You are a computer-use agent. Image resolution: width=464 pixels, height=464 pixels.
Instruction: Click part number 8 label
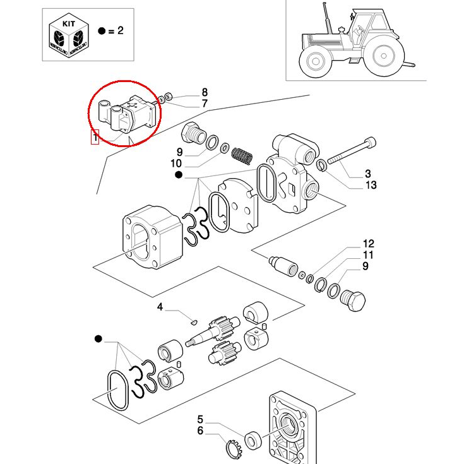(x=204, y=92)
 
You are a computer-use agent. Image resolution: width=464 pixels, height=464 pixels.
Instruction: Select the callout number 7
(x=205, y=104)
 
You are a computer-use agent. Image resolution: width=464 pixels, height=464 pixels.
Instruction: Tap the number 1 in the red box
(x=95, y=137)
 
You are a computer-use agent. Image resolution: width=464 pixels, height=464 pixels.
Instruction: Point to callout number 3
(x=367, y=174)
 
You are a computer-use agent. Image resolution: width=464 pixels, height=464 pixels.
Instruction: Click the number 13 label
(x=371, y=185)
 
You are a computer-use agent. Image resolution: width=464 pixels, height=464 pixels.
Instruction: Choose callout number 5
(x=200, y=419)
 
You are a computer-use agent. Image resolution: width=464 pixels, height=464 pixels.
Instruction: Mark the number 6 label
(x=200, y=431)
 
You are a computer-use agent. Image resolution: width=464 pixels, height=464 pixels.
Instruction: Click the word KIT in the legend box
(x=68, y=22)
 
